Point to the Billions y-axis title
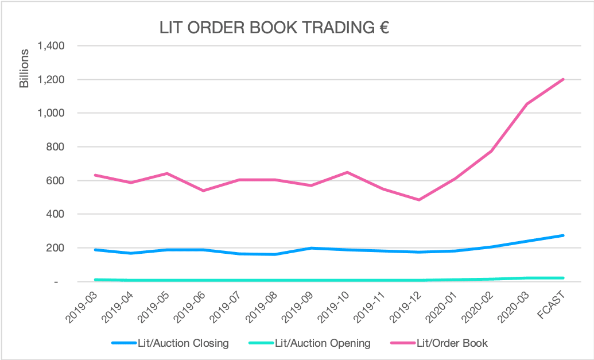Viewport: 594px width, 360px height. [24, 69]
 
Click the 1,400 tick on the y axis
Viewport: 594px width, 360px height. [50, 45]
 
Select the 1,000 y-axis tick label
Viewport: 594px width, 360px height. [50, 113]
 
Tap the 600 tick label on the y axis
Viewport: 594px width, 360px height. [55, 180]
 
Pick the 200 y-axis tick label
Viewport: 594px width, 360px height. [55, 248]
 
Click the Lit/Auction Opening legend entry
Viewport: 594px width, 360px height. [310, 343]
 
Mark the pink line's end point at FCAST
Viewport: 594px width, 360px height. [564, 79]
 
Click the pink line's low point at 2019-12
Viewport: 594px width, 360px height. [419, 200]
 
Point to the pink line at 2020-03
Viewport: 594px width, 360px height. [527, 104]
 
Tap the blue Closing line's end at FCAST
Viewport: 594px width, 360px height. [564, 235]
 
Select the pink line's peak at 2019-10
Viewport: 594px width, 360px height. [347, 172]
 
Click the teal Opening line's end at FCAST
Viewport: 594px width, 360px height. [564, 278]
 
